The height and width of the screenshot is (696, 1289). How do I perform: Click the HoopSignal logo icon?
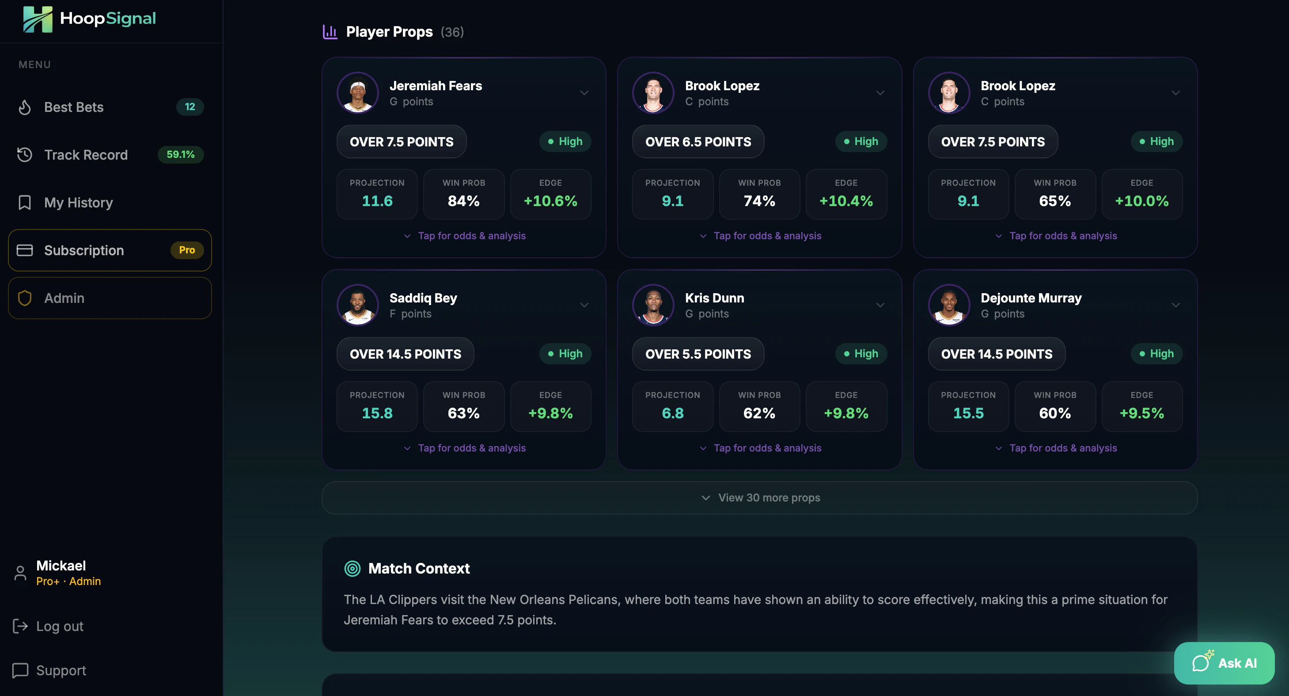click(38, 19)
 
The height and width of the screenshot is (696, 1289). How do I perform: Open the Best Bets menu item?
click(74, 107)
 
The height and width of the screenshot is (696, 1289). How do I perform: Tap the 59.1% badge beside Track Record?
click(180, 154)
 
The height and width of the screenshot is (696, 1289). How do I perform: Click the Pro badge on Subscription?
click(187, 250)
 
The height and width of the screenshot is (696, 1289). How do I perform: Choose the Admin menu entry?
click(64, 298)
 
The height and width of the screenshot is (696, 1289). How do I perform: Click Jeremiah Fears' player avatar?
click(357, 93)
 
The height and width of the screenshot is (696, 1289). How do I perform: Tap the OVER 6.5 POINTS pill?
click(698, 141)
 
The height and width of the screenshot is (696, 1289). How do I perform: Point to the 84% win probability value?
click(463, 201)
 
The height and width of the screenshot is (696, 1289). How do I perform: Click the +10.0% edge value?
click(1141, 201)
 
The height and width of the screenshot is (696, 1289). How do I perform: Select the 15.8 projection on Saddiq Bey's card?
click(377, 413)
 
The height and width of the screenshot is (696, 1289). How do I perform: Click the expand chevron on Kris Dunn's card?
click(880, 305)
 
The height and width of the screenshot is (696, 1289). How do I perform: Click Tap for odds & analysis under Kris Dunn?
click(767, 448)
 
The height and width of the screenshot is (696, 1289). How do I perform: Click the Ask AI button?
click(1224, 663)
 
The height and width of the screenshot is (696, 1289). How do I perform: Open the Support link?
click(61, 670)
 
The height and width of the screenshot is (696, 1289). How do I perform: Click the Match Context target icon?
click(352, 568)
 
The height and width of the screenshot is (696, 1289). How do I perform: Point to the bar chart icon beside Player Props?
click(330, 32)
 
